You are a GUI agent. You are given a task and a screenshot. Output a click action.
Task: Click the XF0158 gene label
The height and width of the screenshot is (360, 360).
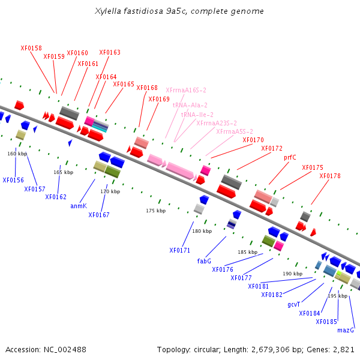coord(31,48)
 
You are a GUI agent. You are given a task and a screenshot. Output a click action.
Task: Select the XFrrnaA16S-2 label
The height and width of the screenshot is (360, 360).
coord(186,90)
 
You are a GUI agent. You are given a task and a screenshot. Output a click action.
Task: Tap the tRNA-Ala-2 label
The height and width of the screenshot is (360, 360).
coord(190,105)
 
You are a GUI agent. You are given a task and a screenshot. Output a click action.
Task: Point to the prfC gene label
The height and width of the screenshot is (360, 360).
coord(290,157)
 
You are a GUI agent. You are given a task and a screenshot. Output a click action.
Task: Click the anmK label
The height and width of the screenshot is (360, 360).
coord(79,206)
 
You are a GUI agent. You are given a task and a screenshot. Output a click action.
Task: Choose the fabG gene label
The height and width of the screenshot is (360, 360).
coord(204,261)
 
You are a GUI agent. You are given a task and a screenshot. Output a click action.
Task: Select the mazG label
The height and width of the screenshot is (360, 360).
coord(346,330)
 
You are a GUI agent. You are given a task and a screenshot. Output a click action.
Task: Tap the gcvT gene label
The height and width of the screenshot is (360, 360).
coord(293,304)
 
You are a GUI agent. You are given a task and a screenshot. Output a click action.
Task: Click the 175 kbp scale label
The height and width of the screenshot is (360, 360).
coord(156,211)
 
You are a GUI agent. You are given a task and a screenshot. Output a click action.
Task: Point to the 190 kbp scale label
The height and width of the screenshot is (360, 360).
coord(293,274)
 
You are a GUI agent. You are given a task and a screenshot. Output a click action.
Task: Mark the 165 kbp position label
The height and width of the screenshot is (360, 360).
coord(64,172)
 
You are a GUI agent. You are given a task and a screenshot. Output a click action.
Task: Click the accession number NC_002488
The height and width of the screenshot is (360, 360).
coord(65,350)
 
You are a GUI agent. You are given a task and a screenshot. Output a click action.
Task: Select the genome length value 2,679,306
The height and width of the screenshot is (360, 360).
coord(271,350)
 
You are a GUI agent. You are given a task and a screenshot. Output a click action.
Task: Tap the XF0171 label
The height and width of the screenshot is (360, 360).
coord(180,250)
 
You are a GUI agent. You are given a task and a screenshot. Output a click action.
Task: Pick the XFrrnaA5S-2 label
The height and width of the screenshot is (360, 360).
coord(235,131)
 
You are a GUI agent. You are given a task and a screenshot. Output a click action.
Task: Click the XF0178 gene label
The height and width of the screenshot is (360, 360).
coord(330,176)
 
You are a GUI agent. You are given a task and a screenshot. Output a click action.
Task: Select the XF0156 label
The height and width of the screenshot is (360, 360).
coord(13,180)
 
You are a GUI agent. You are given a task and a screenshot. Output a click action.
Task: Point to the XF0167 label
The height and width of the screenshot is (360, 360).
coord(99,215)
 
